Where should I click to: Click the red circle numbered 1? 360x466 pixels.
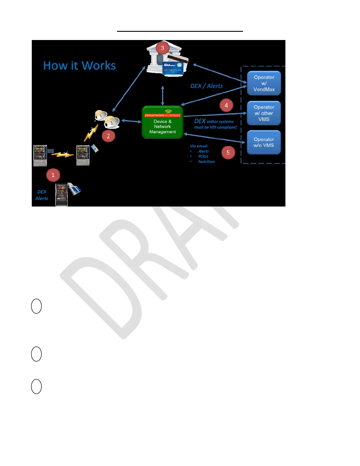53,175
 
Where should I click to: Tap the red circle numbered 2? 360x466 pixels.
108,136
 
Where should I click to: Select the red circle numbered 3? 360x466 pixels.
162,48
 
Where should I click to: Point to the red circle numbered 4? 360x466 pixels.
226,105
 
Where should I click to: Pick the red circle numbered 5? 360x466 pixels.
228,153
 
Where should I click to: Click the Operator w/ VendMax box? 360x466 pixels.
264,83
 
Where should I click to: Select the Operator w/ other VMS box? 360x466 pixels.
264,113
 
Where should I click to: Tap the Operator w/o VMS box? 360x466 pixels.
264,142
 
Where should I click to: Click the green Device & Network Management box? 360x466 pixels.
163,122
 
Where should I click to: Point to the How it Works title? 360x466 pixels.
79,66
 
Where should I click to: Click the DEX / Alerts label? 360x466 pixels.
206,86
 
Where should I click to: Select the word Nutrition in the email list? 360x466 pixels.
206,162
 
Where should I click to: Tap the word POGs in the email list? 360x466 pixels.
203,157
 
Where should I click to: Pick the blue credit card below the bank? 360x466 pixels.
173,68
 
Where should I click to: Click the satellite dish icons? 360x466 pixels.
107,119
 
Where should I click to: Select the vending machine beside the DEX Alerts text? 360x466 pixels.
61,195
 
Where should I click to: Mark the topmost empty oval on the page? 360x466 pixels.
36,306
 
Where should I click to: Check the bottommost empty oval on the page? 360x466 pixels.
36,387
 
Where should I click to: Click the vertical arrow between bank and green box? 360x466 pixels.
163,96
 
